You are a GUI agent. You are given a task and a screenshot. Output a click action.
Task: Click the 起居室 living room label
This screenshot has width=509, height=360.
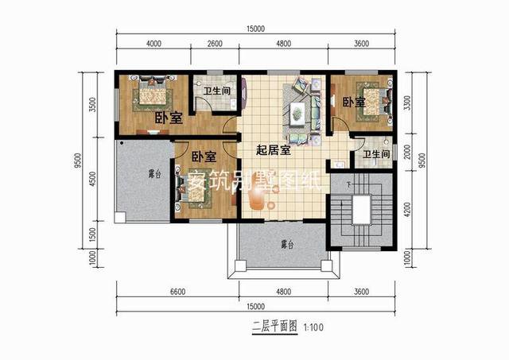(272, 149)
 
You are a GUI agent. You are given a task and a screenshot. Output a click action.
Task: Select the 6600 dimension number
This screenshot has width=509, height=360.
(177, 292)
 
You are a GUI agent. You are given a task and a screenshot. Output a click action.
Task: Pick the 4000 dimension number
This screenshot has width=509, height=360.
(154, 45)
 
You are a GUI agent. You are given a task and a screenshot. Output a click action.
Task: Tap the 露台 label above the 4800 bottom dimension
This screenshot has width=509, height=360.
(278, 244)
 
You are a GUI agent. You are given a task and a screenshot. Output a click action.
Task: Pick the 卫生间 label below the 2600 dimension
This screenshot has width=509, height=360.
(216, 91)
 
